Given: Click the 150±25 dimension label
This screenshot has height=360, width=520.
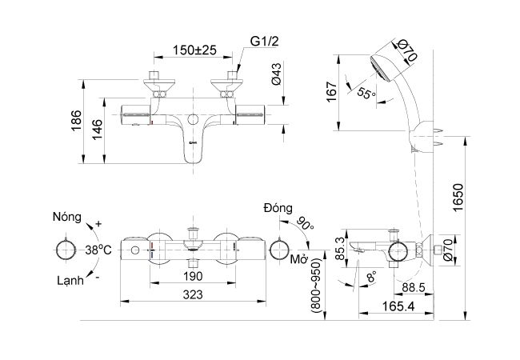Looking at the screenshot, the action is point(194,50).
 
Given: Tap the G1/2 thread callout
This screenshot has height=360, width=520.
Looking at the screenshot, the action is point(264,42).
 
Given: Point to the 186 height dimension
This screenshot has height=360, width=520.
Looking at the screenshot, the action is point(76,121).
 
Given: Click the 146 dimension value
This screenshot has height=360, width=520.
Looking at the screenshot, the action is point(98,130).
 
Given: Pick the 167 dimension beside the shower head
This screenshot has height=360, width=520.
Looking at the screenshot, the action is point(331,92).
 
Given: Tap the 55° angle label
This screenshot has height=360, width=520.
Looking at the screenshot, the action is point(366,93).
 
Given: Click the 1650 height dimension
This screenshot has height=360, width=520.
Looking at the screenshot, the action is point(458,198).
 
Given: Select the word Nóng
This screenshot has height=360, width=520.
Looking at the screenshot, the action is point(67,217).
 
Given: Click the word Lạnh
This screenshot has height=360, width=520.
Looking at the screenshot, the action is point(70,281).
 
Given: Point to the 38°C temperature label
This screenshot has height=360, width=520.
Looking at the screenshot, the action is point(98,250).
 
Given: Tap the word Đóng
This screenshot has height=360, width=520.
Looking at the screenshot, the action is point(278,208).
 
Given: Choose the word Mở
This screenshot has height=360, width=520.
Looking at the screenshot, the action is point(299,259).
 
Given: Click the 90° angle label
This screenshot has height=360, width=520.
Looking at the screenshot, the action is point(306,224).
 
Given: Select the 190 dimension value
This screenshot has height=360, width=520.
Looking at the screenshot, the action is point(193,276).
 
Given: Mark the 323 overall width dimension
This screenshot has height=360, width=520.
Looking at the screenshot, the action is point(193,294).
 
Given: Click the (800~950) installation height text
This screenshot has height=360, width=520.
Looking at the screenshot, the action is point(316,286).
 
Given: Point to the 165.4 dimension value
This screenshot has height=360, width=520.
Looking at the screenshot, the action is point(398,306).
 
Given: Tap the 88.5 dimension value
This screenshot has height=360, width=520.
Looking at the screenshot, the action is point(414,288).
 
